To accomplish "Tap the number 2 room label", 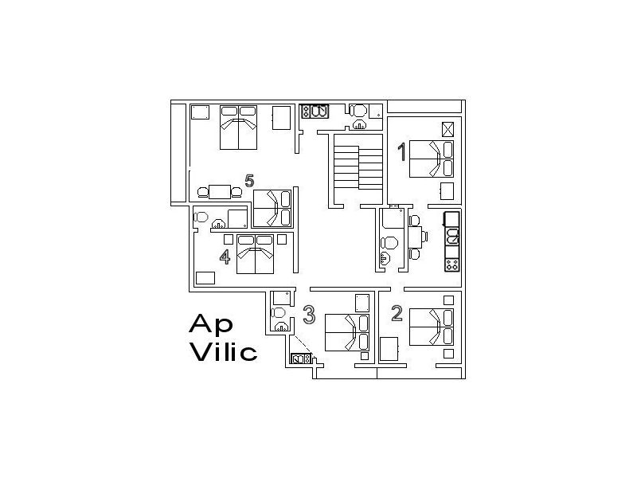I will click(x=397, y=314).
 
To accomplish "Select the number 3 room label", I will click(x=309, y=315).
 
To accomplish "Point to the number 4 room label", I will click(x=225, y=257).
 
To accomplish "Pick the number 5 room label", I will click(x=249, y=181).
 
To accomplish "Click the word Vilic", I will click(x=223, y=351).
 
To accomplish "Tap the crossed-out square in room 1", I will click(x=447, y=129).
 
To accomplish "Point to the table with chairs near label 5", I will click(x=219, y=192).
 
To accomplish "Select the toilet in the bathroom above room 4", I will click(x=201, y=217).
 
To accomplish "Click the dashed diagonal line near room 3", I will click(x=301, y=344).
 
